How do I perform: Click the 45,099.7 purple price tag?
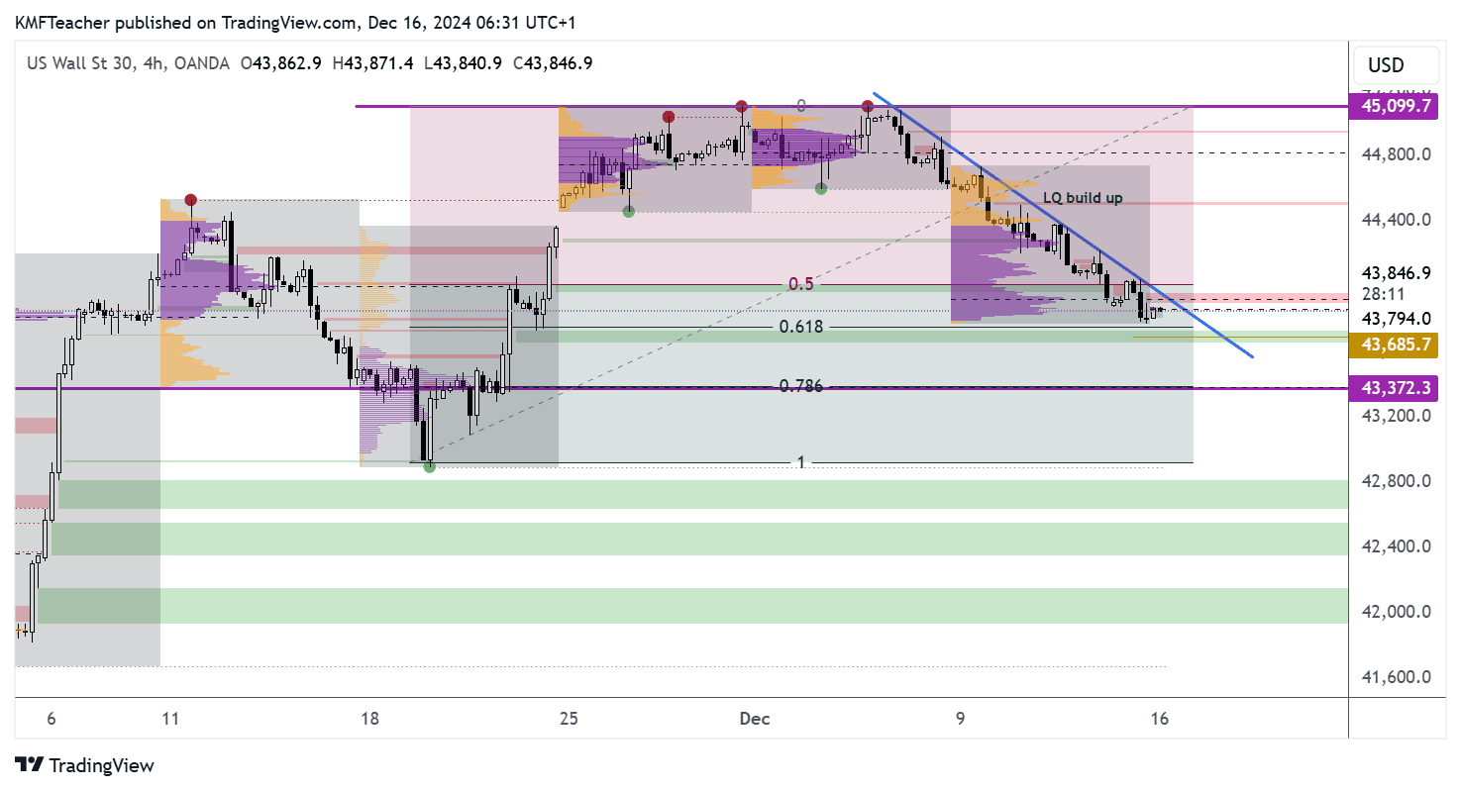click(x=1398, y=106)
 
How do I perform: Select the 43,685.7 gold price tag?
click(x=1398, y=344)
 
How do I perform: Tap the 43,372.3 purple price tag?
click(x=1398, y=388)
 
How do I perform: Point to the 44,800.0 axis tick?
click(x=1397, y=154)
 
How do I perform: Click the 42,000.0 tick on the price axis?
click(x=1397, y=612)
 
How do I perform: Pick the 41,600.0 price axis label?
click(x=1397, y=677)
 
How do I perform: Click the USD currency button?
click(x=1386, y=65)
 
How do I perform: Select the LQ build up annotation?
click(x=1083, y=198)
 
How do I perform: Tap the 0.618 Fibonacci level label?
click(x=801, y=327)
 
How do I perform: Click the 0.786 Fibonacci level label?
click(x=801, y=386)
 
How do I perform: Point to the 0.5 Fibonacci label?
click(x=801, y=284)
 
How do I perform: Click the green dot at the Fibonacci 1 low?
click(x=429, y=466)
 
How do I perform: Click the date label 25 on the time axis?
click(x=569, y=720)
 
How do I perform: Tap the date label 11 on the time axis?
click(x=170, y=720)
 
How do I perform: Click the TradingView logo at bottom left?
click(x=86, y=765)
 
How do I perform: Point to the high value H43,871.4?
click(x=373, y=63)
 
